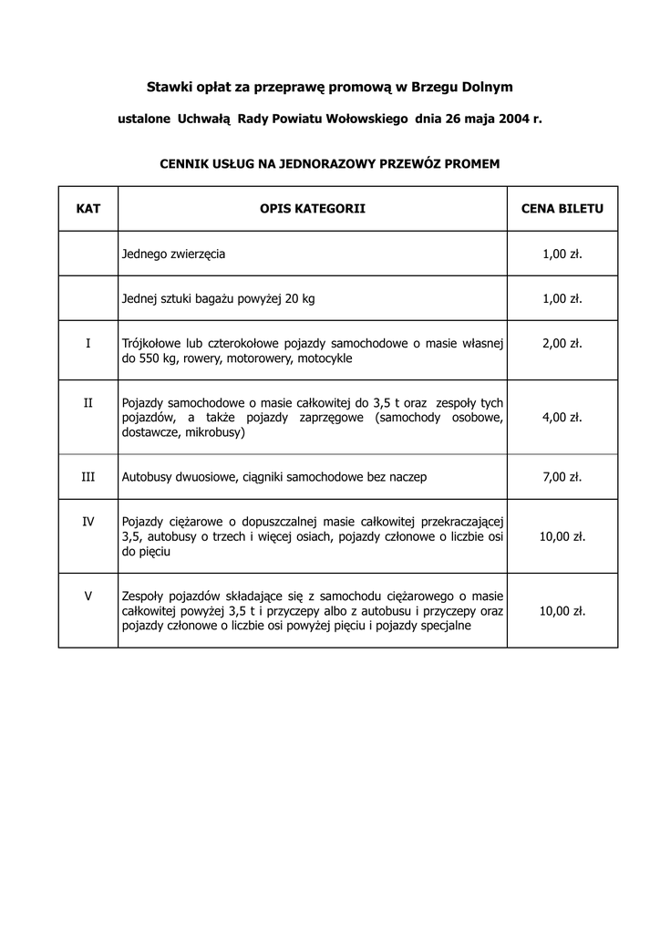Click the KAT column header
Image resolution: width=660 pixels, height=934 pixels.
pos(88,209)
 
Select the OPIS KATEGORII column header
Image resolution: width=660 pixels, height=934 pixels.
pos(313,209)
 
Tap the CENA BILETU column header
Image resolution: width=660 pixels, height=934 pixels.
pos(562,209)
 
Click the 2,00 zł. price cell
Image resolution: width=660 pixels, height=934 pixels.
pos(562,344)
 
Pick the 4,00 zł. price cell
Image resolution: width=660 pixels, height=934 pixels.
pos(562,417)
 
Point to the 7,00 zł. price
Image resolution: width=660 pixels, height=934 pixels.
pos(562,477)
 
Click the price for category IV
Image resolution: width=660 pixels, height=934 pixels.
pos(562,536)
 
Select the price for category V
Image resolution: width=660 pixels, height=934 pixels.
pos(562,611)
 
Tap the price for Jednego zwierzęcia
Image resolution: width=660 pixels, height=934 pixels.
pos(562,254)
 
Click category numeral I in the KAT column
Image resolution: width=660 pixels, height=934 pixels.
pos(88,344)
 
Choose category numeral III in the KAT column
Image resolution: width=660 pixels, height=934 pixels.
pos(88,477)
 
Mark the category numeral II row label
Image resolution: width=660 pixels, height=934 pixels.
pos(88,402)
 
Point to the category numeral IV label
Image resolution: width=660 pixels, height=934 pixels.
pos(88,522)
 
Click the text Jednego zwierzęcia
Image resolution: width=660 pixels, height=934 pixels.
pos(173,254)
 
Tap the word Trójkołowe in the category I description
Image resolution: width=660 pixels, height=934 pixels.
pos(150,344)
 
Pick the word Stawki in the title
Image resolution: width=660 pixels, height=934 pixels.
pos(169,87)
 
